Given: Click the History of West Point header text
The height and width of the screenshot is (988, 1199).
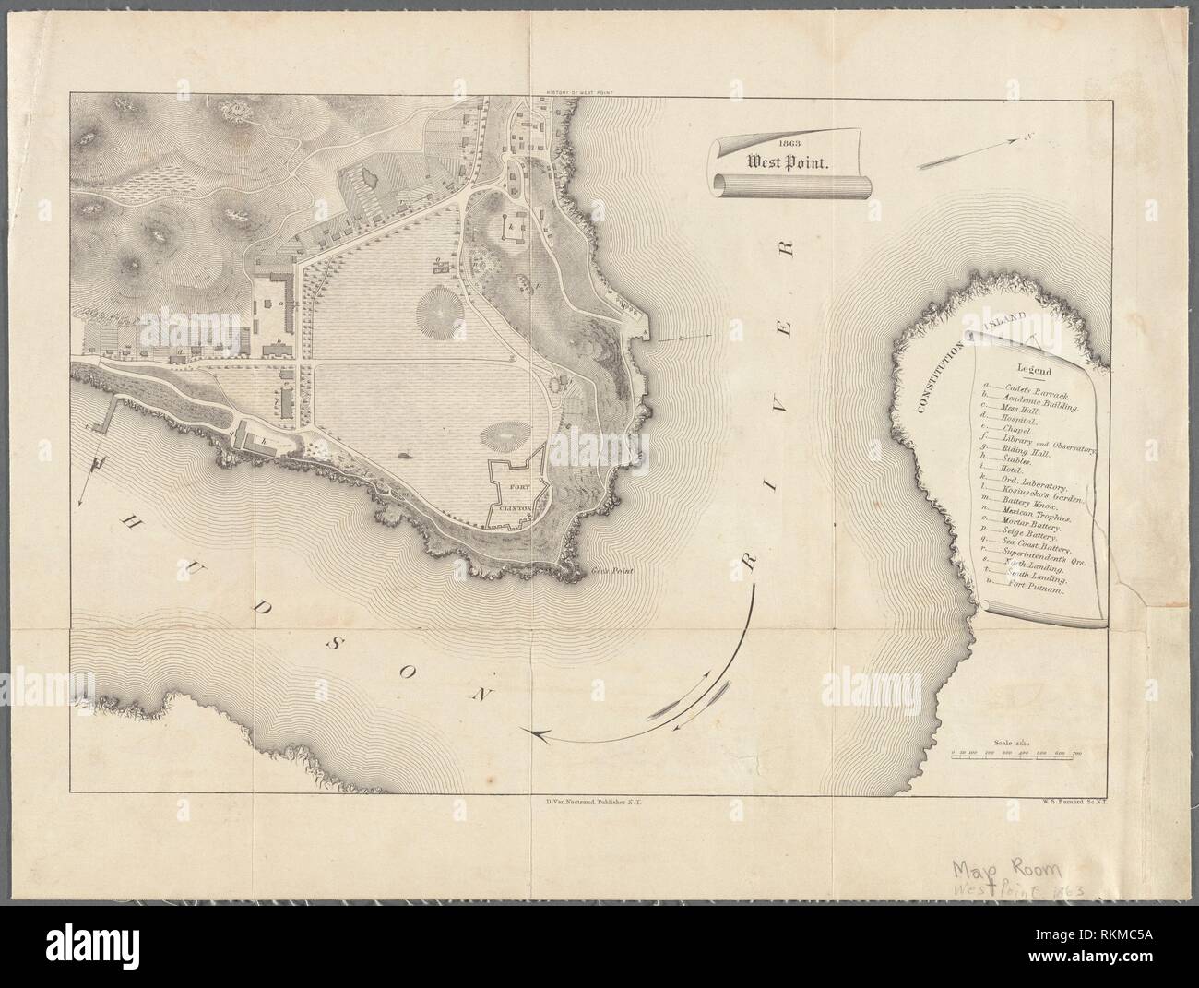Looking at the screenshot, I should [580, 92].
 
